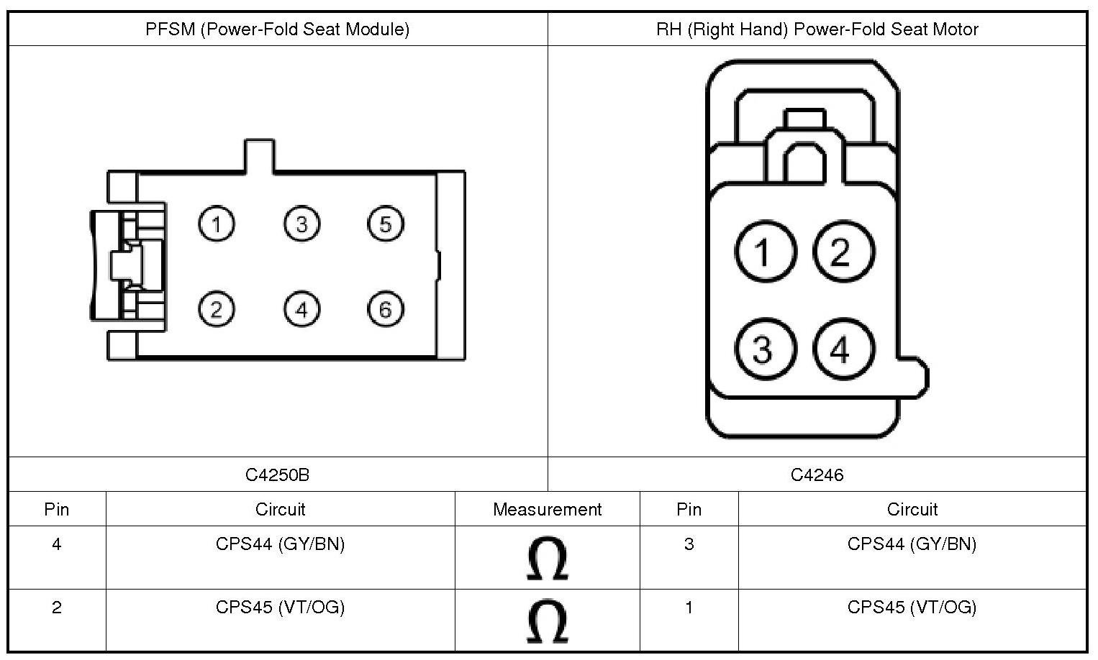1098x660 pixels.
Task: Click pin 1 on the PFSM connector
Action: pos(217,224)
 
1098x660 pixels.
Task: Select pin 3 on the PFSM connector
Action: pos(301,224)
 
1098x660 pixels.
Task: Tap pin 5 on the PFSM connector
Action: pos(386,224)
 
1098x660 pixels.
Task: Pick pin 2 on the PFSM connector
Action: pos(217,309)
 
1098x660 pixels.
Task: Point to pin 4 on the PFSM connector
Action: pos(301,309)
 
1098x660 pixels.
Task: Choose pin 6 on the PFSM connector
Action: pos(386,309)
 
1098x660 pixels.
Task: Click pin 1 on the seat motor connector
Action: pos(765,252)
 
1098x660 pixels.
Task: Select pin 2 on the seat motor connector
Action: pos(843,252)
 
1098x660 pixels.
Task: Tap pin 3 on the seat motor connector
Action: pos(765,349)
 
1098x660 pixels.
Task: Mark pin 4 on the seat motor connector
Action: pos(843,349)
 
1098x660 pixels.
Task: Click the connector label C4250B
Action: pos(278,475)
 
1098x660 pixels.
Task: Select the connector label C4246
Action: pos(817,475)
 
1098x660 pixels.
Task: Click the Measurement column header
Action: pos(547,509)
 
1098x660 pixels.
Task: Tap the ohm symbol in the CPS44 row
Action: pos(547,558)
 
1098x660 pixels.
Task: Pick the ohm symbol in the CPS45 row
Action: pos(547,621)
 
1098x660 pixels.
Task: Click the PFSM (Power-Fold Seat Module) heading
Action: pos(278,29)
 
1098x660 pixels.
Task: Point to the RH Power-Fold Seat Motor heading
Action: pos(817,29)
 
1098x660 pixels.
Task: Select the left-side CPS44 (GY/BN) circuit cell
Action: pos(280,544)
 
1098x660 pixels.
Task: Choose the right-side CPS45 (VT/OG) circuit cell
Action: pos(912,608)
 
